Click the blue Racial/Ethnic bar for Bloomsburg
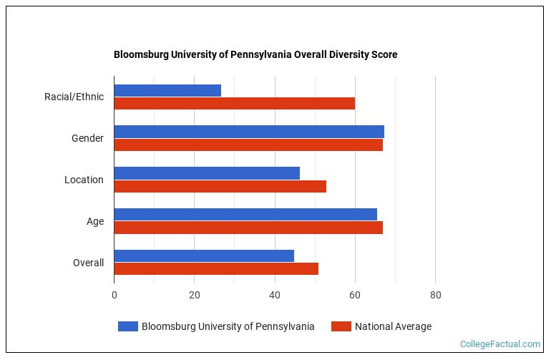click(x=167, y=90)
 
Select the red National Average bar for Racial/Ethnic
click(x=234, y=103)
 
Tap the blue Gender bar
click(x=249, y=132)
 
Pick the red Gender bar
click(x=248, y=145)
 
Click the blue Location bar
click(x=207, y=173)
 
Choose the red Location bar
click(x=220, y=186)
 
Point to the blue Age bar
click(x=245, y=215)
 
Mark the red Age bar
click(x=248, y=228)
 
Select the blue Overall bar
click(x=204, y=256)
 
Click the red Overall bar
click(x=216, y=269)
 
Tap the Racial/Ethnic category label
click(x=74, y=97)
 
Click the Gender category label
click(x=87, y=138)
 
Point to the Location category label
click(x=84, y=180)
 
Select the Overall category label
click(x=88, y=263)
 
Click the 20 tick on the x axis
click(x=194, y=294)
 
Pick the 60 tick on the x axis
click(x=355, y=294)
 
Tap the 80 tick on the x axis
click(x=435, y=294)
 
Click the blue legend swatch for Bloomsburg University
click(x=128, y=326)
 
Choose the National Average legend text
click(x=393, y=326)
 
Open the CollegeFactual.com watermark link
click(x=500, y=344)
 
